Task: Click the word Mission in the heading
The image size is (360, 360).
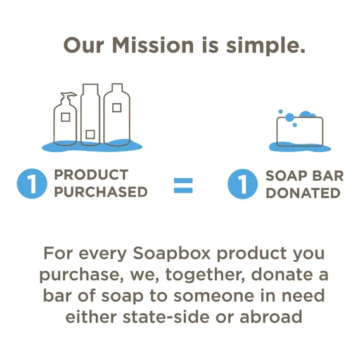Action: (153, 45)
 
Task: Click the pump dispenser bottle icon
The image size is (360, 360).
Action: (65, 119)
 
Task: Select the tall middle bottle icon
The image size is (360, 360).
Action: (90, 114)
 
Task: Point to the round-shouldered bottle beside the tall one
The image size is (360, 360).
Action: (117, 114)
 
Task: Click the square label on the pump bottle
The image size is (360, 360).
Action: (65, 117)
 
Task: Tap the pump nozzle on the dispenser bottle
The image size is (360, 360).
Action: (68, 95)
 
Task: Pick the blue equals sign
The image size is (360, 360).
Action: (183, 185)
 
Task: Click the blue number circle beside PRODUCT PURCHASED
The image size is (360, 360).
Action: (32, 183)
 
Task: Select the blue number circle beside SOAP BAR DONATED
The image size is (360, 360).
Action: (243, 184)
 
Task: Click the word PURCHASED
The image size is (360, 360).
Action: (101, 192)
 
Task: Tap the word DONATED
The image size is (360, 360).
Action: (303, 193)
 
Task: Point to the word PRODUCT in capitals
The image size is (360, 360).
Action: (91, 175)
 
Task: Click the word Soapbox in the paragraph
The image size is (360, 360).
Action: (172, 254)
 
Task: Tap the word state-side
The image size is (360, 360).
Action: (166, 317)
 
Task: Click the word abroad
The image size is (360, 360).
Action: (271, 317)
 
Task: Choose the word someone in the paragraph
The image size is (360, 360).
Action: (214, 296)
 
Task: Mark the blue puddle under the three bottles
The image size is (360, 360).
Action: (92, 146)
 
